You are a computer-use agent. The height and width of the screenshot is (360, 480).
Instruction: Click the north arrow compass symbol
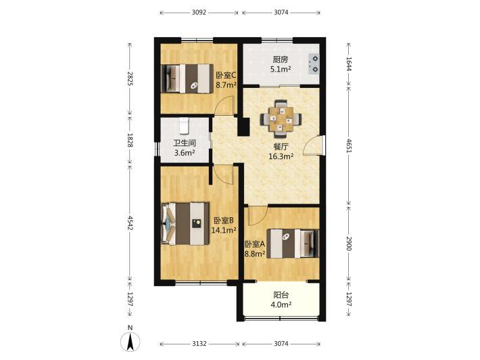[x=130, y=341]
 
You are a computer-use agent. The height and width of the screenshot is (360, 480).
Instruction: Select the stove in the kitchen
[x=314, y=64]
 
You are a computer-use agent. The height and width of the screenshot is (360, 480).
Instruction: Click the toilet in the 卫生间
[x=184, y=126]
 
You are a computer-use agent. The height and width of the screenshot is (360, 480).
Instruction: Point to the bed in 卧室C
[x=187, y=78]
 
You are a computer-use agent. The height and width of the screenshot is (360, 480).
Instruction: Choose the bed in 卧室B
[x=185, y=224]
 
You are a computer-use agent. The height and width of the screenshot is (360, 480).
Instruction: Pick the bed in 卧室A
[x=293, y=244]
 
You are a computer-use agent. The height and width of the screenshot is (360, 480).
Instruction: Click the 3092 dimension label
[x=199, y=13]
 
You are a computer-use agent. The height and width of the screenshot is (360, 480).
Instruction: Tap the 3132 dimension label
[x=199, y=344]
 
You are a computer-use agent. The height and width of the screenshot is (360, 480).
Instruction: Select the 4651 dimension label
[x=349, y=146]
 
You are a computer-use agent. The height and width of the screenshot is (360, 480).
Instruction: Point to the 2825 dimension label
[x=130, y=78]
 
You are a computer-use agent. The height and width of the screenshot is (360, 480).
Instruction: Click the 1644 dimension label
[x=349, y=64]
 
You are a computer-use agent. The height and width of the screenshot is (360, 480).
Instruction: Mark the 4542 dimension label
[x=130, y=223]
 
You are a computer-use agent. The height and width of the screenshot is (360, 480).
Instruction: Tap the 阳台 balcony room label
[x=281, y=295]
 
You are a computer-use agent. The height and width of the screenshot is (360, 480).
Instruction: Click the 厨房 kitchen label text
[x=281, y=60]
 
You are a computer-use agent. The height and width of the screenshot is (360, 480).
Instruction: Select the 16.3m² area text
[x=281, y=156]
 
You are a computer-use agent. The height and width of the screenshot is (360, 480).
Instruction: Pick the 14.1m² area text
[x=224, y=230]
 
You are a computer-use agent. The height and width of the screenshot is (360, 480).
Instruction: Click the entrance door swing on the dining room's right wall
[x=313, y=145]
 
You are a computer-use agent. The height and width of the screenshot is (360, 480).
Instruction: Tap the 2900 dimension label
[x=349, y=244]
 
